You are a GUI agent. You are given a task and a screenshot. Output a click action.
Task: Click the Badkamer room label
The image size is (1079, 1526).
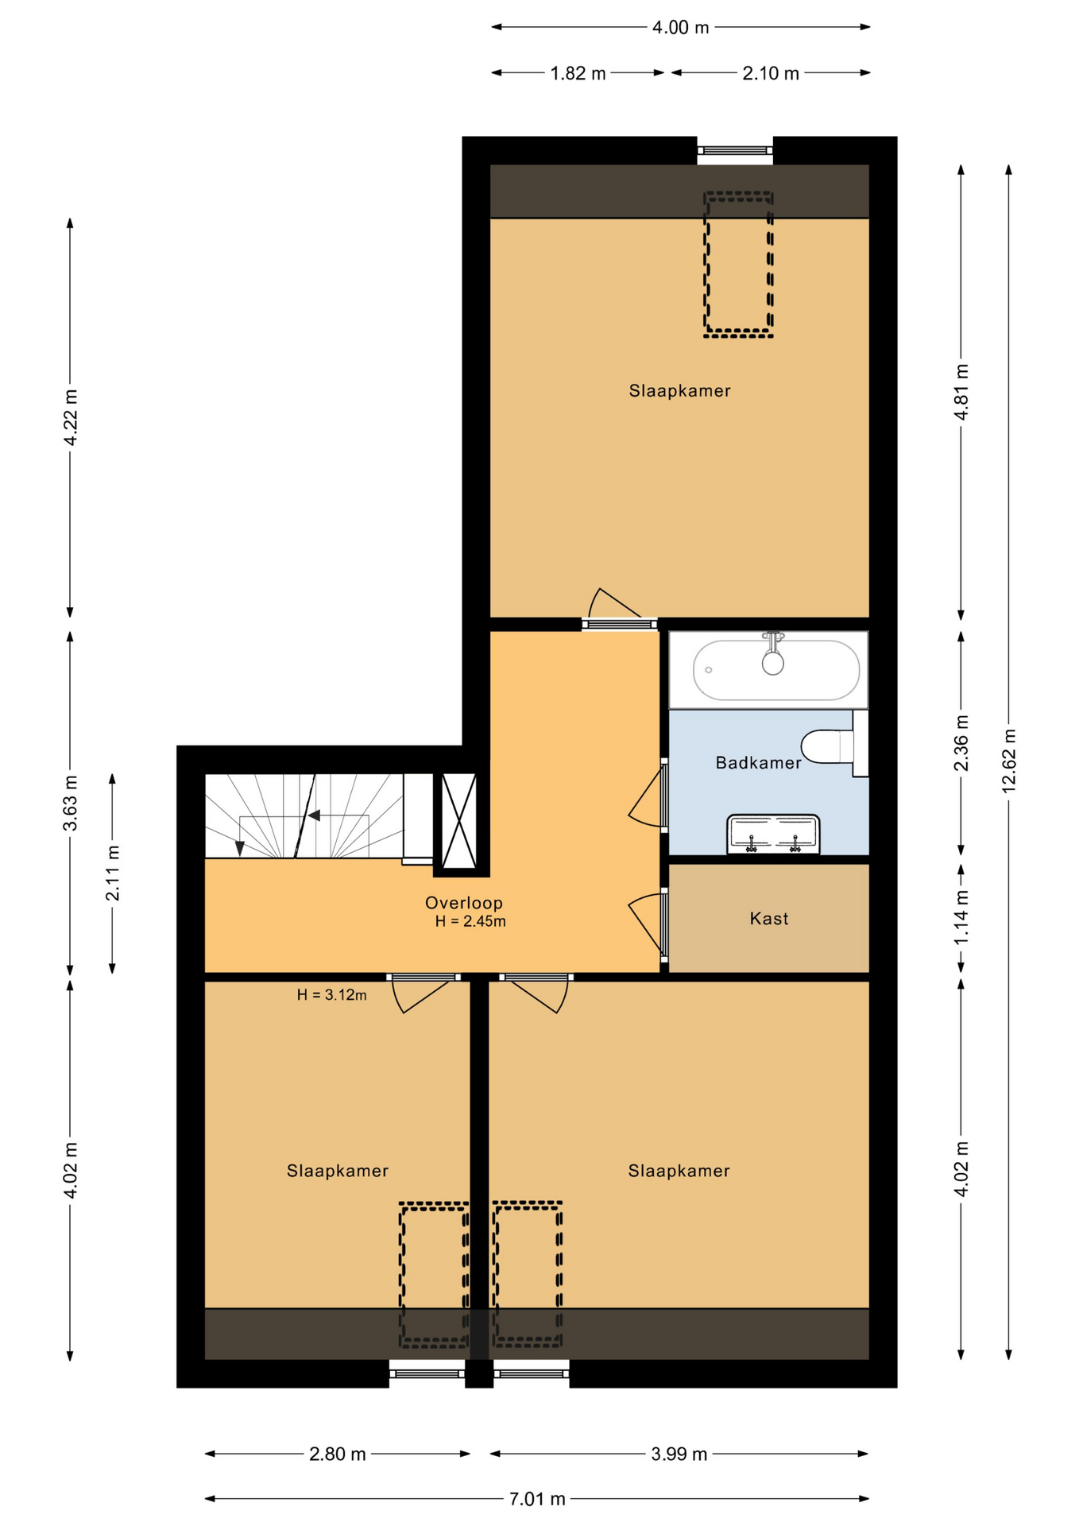point(758,763)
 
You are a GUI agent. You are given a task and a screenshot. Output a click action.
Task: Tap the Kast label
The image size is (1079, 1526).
point(769,919)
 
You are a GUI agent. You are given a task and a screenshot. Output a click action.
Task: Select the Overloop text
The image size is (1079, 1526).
point(464,903)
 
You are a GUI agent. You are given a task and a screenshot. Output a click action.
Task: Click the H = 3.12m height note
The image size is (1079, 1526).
point(332,994)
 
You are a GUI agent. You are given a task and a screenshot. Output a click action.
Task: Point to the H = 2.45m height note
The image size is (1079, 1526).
point(470,921)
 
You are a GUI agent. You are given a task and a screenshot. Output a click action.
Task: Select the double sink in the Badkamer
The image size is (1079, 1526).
point(773,835)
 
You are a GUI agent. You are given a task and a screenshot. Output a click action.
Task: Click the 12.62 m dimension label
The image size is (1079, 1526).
point(1009,761)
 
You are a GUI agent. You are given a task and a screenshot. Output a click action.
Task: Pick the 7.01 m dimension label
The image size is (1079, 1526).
point(537,1499)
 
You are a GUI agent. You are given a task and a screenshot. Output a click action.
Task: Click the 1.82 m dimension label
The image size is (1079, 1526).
point(578,73)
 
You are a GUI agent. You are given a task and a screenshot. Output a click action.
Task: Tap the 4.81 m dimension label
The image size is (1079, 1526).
point(961,392)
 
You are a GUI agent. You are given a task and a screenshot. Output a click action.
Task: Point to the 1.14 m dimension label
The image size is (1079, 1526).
point(961,916)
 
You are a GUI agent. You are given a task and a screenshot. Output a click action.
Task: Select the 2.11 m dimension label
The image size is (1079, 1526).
point(113,873)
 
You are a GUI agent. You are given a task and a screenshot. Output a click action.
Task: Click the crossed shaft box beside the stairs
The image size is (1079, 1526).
point(458,821)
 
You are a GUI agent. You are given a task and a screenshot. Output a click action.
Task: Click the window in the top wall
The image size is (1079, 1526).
point(735,150)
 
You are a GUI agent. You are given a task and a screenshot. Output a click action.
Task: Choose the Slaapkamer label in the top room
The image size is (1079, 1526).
point(679,391)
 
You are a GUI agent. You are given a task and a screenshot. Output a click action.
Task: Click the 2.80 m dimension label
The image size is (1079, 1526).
point(337,1454)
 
